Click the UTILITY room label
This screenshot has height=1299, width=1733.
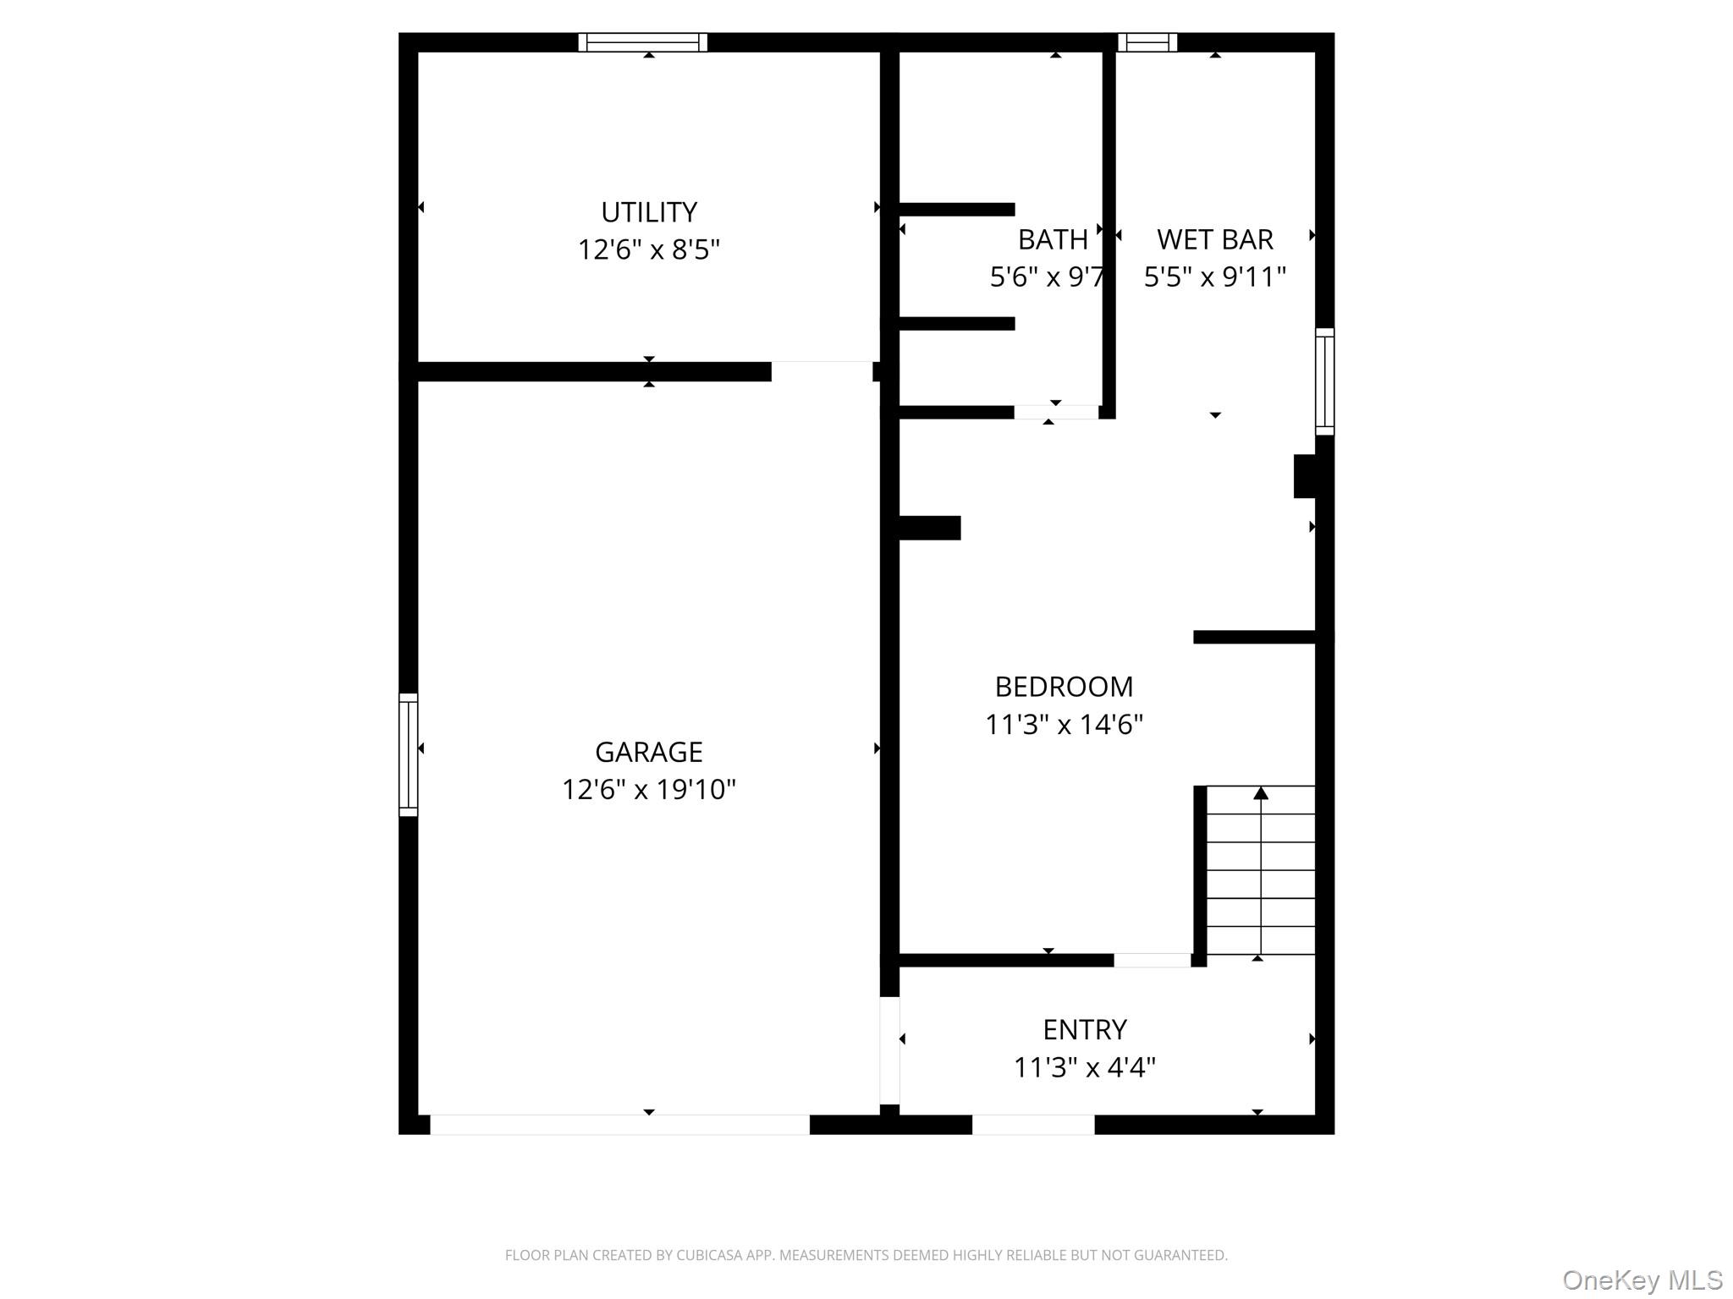[648, 211]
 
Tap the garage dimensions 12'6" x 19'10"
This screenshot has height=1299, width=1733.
[648, 789]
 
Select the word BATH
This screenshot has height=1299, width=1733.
[1052, 240]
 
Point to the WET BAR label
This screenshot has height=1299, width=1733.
[1214, 239]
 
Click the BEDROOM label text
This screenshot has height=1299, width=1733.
[1064, 687]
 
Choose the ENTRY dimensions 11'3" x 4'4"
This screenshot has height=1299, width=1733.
[1084, 1067]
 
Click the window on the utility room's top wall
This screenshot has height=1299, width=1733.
[642, 42]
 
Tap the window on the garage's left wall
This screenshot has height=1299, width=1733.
[408, 754]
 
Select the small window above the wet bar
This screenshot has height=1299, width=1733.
[1147, 42]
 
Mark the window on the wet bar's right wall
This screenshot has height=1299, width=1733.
[1324, 381]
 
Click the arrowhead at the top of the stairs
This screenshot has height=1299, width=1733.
[1261, 793]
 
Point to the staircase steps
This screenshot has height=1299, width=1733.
[1260, 871]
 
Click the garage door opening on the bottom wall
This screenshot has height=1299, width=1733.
[619, 1125]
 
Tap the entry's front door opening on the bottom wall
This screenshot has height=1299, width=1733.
[1032, 1125]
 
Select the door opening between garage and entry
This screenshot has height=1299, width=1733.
[889, 1050]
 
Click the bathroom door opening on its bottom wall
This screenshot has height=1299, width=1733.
[1056, 412]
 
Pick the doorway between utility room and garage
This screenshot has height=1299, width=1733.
[822, 371]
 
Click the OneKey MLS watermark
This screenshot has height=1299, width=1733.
[1642, 1280]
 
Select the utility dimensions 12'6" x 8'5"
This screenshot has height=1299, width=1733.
[648, 249]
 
